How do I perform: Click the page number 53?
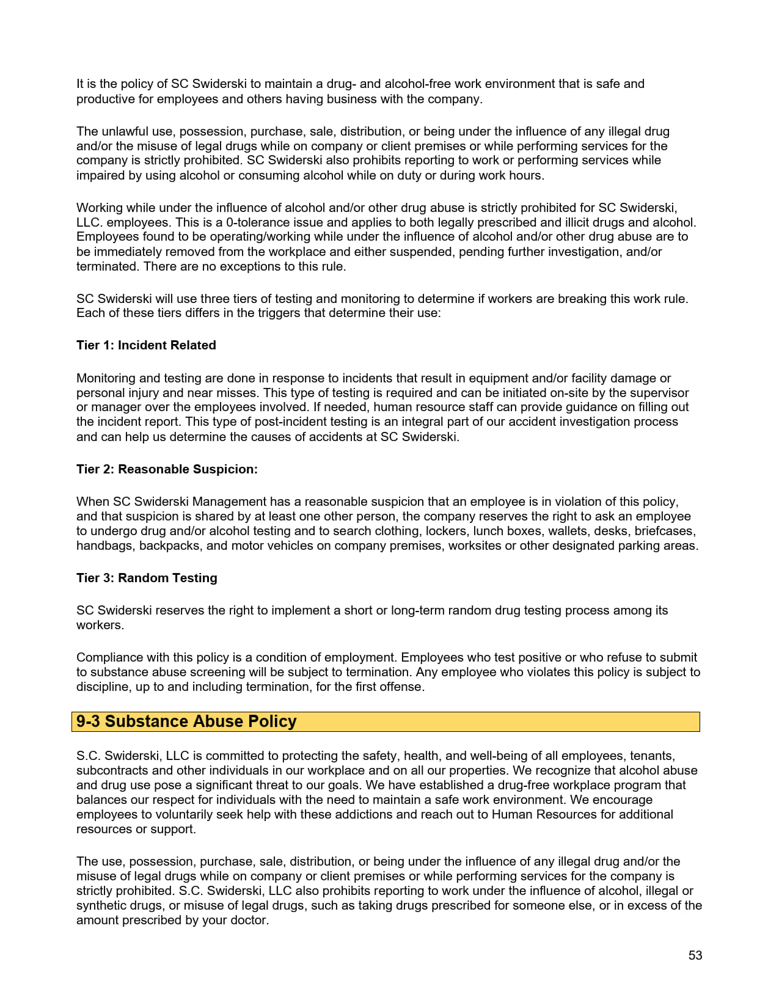click(695, 955)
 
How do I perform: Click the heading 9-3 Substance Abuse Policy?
click(186, 721)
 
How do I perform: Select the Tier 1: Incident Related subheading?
click(146, 345)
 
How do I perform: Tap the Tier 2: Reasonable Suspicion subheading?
click(167, 469)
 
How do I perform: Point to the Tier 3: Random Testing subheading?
click(147, 578)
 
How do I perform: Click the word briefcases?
click(664, 531)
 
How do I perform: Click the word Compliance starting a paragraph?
click(108, 657)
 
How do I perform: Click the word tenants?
click(652, 756)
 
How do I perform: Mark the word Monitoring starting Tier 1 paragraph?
click(106, 378)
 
